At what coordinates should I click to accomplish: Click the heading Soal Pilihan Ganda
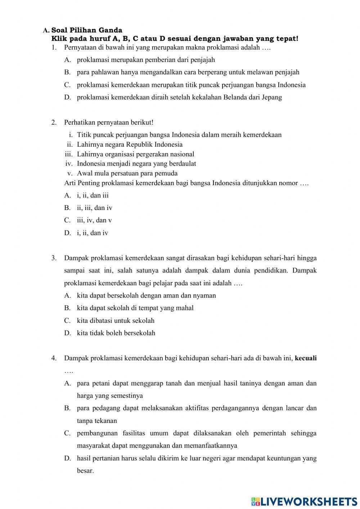86,30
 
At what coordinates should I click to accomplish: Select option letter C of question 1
67,85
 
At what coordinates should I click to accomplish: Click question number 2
54,122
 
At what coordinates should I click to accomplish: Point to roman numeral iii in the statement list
69,154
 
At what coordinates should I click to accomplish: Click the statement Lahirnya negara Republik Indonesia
130,144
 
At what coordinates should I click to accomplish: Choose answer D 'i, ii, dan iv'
92,233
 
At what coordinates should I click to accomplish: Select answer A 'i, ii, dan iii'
93,195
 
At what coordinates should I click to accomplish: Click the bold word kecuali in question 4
306,358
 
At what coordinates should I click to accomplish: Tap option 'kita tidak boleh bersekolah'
116,333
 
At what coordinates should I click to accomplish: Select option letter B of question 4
67,408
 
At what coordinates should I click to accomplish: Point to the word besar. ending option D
85,471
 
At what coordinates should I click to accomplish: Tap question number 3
54,258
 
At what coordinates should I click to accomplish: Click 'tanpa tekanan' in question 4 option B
97,421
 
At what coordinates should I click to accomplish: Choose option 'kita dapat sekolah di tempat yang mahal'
135,308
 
